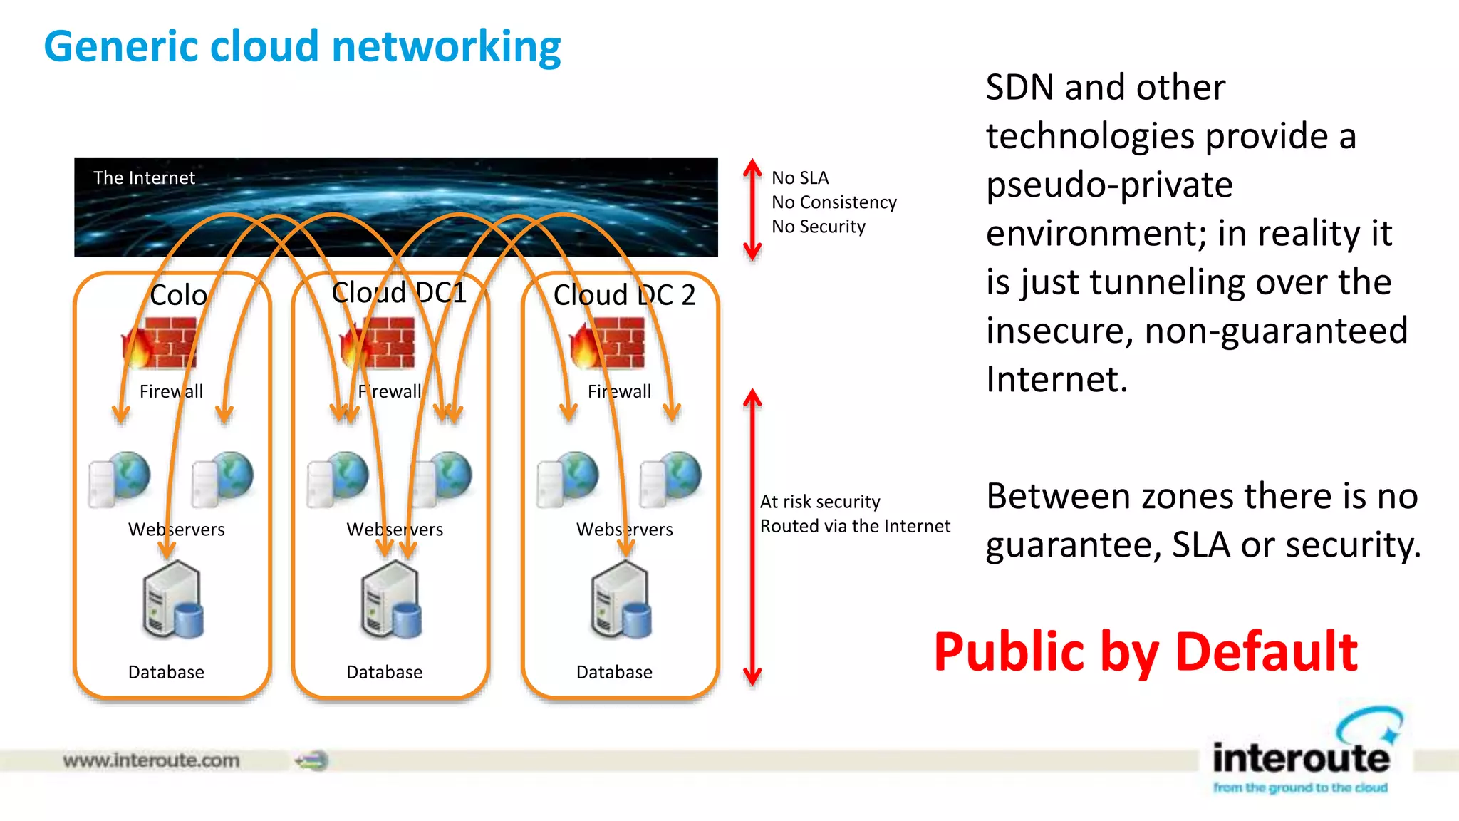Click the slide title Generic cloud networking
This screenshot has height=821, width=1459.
[x=302, y=47]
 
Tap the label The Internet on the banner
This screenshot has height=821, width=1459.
[x=144, y=177]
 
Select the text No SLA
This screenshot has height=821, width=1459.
[x=800, y=177]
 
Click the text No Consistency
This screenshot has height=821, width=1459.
[x=834, y=202]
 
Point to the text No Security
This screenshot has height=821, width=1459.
[x=819, y=227]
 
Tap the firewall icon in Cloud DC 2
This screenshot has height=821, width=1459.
[x=608, y=343]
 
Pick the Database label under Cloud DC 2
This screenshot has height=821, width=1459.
[x=614, y=672]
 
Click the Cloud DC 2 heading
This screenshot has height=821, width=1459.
[x=624, y=294]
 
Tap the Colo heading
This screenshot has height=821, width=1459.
[x=178, y=294]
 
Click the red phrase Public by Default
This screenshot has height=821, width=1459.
[x=1146, y=652]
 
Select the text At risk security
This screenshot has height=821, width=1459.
[x=820, y=502]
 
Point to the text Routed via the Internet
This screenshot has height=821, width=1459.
[x=855, y=526]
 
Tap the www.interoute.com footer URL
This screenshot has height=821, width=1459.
[x=151, y=760]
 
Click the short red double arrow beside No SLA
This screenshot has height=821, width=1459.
[x=752, y=209]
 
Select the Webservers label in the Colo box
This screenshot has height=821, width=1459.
[x=176, y=530]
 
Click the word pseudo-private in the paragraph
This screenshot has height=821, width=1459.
[x=1109, y=185]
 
